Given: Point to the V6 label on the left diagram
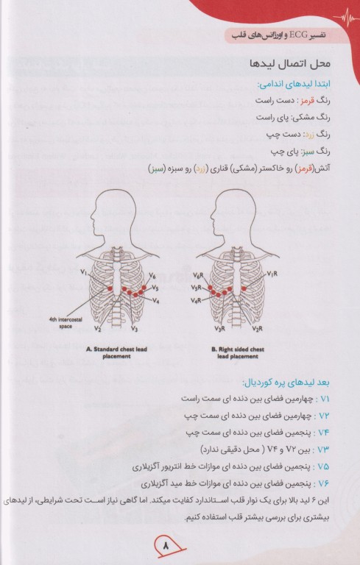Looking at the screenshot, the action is coord(152,276).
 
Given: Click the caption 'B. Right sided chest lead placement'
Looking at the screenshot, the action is coord(234,352).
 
